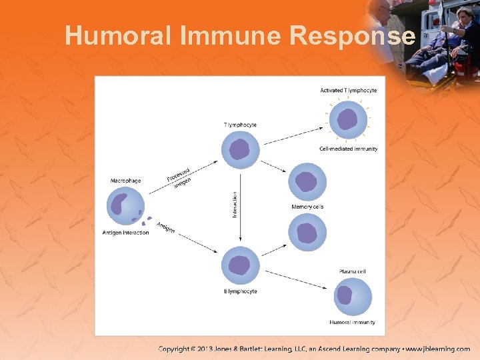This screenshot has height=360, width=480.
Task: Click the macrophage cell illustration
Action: pyautogui.click(x=125, y=206)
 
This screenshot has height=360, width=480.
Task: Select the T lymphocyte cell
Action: pyautogui.click(x=240, y=150)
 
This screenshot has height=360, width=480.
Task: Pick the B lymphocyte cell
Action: pyautogui.click(x=240, y=266)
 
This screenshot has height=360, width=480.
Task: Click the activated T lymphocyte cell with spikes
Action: pyautogui.click(x=347, y=120)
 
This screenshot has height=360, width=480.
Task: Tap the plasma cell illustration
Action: pyautogui.click(x=352, y=297)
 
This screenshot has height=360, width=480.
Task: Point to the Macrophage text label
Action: pyautogui.click(x=125, y=181)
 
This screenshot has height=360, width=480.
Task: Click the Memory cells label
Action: pyautogui.click(x=307, y=207)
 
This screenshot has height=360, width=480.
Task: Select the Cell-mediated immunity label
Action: pyautogui.click(x=348, y=149)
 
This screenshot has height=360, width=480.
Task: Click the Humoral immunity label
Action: pyautogui.click(x=352, y=323)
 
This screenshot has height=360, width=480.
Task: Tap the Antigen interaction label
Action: pyautogui.click(x=125, y=233)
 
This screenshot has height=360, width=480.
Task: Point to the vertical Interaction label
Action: pyautogui.click(x=235, y=204)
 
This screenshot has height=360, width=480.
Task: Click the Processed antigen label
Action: pyautogui.click(x=179, y=177)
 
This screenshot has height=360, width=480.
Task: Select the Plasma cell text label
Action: pyautogui.click(x=352, y=271)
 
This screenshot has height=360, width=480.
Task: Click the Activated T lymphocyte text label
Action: pyautogui.click(x=348, y=91)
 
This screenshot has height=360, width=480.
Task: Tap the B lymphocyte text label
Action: pyautogui.click(x=240, y=291)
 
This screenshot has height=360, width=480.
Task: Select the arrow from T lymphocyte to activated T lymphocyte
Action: pyautogui.click(x=293, y=136)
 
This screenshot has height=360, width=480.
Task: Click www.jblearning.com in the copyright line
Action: pyautogui.click(x=438, y=349)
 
